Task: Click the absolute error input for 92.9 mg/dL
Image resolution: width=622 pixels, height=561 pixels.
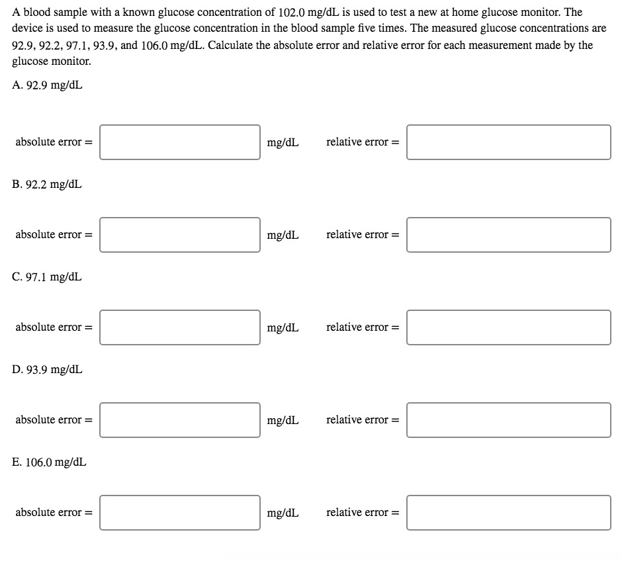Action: click(180, 142)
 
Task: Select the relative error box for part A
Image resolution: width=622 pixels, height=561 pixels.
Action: click(508, 142)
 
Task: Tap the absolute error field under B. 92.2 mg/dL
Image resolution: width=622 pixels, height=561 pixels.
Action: click(180, 235)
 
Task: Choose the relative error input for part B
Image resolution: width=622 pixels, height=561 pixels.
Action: click(508, 235)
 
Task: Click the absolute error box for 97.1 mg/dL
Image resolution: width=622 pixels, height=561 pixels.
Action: click(180, 327)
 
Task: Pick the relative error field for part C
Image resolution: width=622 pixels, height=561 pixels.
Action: click(508, 327)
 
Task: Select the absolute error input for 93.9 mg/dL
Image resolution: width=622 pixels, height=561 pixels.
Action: click(180, 420)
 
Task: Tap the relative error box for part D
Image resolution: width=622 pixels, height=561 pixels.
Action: click(508, 420)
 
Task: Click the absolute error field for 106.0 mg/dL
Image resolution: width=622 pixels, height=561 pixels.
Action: click(180, 513)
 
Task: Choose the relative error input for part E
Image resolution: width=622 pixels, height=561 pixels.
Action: click(508, 513)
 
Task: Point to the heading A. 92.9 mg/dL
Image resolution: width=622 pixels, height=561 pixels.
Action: click(48, 85)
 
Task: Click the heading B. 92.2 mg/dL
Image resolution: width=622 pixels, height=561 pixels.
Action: click(48, 184)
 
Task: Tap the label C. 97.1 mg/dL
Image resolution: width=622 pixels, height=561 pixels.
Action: click(48, 277)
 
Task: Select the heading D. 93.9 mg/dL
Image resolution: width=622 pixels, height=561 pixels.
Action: click(48, 369)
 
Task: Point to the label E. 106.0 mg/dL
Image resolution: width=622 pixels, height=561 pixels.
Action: click(50, 462)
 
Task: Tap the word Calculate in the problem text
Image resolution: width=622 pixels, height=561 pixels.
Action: click(239, 45)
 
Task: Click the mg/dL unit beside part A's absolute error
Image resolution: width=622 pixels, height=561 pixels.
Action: click(283, 142)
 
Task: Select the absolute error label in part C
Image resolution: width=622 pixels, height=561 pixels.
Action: click(53, 327)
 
